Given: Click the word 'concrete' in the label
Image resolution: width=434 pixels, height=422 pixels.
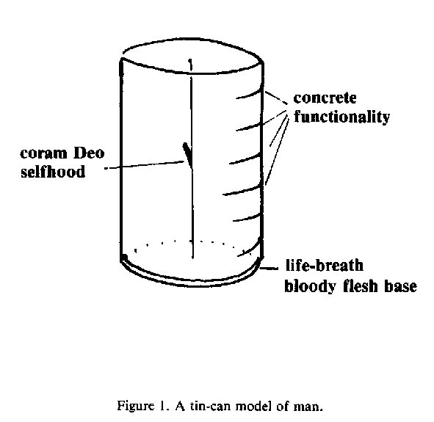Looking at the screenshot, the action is pos(325,98).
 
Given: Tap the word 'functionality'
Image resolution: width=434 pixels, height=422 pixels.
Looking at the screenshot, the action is pos(341,117).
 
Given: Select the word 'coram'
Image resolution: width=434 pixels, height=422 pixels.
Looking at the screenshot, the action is pos(44,154).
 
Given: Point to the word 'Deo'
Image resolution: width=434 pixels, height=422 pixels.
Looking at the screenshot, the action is pos(89,153).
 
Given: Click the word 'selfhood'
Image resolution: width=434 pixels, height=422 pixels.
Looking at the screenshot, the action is pos(53,172).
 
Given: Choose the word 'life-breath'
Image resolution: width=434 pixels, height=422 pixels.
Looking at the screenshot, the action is pos(324,265).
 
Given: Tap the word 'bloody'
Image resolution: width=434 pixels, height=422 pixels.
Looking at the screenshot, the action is pos(311,286).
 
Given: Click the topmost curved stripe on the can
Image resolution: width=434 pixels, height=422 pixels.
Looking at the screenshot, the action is pos(249,95).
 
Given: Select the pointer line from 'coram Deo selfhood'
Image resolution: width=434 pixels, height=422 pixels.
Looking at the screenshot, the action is pos(145,165).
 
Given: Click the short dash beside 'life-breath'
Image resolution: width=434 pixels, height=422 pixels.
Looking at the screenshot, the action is pos(270,268).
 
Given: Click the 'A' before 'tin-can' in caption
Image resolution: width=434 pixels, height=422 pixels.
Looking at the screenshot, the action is pos(180,406).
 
